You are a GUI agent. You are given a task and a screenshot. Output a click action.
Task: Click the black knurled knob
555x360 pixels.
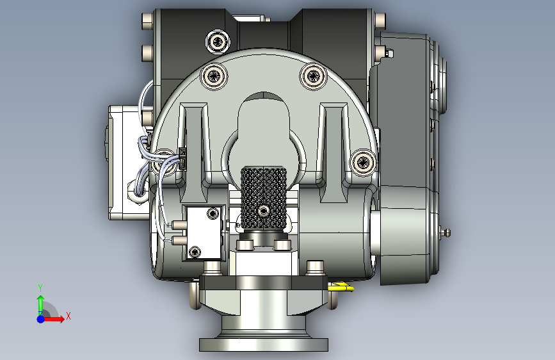pyautogui.click(x=264, y=197)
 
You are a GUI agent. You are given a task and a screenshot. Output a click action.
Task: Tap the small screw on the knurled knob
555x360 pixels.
pyautogui.click(x=263, y=211)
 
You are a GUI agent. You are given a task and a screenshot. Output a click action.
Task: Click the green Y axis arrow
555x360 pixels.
pyautogui.click(x=40, y=303)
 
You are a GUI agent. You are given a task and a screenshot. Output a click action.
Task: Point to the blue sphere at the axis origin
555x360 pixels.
pyautogui.click(x=41, y=319)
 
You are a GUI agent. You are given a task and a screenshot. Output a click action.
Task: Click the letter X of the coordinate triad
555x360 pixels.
pyautogui.click(x=68, y=316)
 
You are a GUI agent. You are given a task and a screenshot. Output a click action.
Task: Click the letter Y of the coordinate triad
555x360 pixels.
pyautogui.click(x=40, y=288)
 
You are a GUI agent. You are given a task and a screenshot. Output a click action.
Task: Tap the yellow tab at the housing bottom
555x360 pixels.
pyautogui.click(x=341, y=286)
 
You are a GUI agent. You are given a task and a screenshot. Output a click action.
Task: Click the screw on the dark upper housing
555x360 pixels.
pyautogui.click(x=218, y=42)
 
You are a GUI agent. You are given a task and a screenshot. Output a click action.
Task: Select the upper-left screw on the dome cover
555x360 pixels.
pyautogui.click(x=214, y=76)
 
